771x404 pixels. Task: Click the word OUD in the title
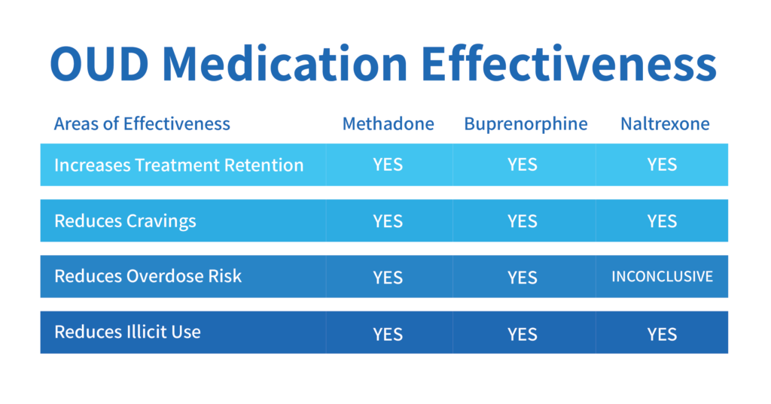click(99, 64)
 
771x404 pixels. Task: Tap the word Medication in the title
click(285, 63)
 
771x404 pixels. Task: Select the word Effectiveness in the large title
click(569, 63)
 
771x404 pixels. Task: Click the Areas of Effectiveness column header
click(142, 124)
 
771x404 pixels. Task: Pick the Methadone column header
click(389, 124)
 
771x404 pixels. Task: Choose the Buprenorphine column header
click(526, 124)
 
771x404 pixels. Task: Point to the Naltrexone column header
click(665, 124)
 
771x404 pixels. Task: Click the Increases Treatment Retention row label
click(179, 166)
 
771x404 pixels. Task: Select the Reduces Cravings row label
click(126, 221)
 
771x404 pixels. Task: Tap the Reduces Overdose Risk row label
click(148, 276)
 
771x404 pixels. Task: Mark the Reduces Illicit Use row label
click(128, 333)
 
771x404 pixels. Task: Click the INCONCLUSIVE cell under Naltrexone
click(663, 277)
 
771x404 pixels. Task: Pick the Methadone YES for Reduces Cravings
click(388, 222)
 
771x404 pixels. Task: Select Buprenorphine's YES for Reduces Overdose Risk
click(523, 278)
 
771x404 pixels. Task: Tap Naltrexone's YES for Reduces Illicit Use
click(663, 335)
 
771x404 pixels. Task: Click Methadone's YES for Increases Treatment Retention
click(388, 165)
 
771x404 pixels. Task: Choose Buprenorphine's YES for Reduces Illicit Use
click(523, 335)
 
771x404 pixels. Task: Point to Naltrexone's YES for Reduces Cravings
click(663, 222)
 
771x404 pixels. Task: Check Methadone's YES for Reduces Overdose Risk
click(388, 278)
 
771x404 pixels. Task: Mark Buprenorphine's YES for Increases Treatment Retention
click(523, 165)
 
